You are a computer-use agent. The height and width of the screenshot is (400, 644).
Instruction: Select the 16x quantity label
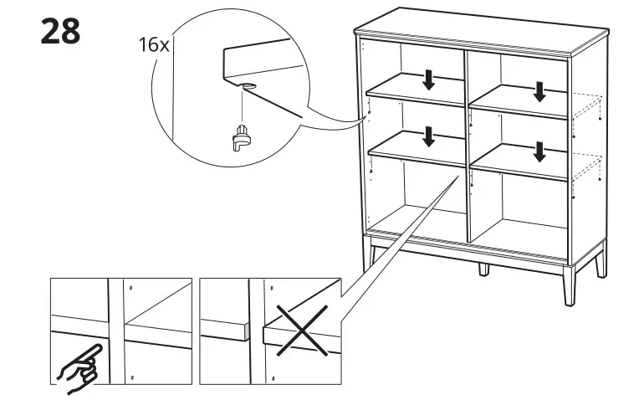[x=153, y=45]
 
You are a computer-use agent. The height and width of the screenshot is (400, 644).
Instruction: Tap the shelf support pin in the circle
[x=241, y=136]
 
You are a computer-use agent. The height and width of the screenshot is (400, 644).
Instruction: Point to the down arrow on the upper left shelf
[x=429, y=79]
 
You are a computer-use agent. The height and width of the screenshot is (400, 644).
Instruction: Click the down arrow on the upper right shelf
[x=539, y=90]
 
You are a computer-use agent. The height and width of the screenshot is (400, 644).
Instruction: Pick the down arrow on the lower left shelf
[x=429, y=135]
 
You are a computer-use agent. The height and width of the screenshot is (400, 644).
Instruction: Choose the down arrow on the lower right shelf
[x=539, y=151]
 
